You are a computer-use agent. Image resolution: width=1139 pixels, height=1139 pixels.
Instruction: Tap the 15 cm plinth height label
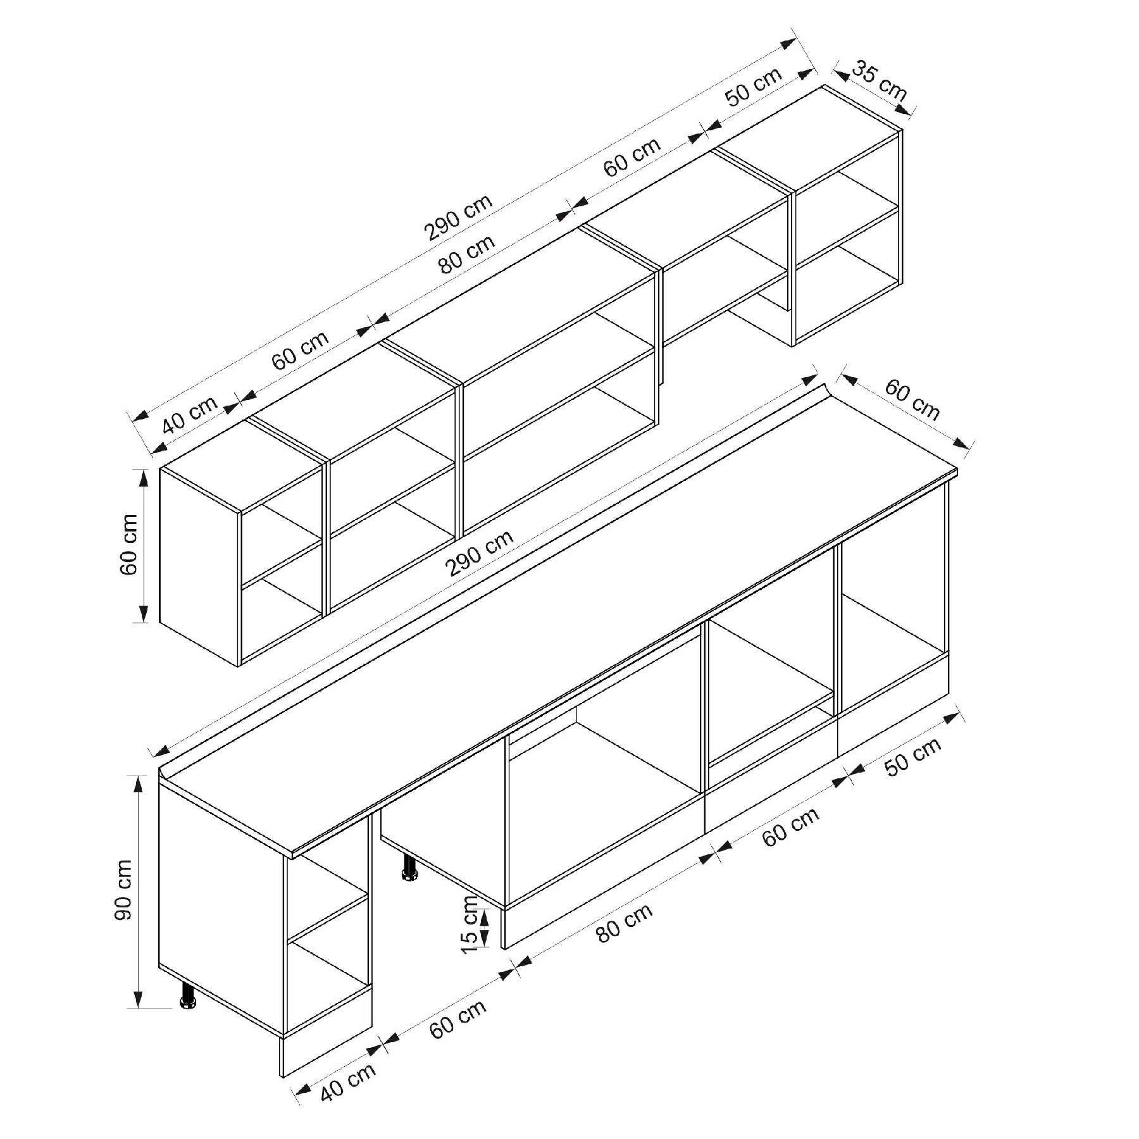pos(470,924)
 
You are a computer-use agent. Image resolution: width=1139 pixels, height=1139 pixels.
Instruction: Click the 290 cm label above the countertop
pos(480,553)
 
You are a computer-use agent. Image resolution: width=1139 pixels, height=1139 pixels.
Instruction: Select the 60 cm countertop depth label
pos(912,399)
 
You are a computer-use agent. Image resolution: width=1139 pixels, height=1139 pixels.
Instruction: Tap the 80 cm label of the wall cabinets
pos(468,255)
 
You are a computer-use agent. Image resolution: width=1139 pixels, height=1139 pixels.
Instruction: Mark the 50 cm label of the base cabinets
pos(913,757)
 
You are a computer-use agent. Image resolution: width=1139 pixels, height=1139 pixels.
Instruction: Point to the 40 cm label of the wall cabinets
pos(190,414)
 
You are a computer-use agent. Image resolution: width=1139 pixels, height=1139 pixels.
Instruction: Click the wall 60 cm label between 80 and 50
pos(632,156)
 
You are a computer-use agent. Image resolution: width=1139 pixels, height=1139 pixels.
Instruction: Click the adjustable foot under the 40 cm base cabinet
pos(188,996)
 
